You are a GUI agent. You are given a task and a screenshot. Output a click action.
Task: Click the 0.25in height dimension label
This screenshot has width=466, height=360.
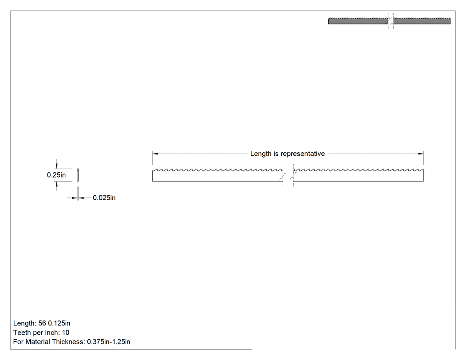point(56,175)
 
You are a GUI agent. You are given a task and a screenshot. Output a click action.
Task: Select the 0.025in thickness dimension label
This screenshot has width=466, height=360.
point(104,198)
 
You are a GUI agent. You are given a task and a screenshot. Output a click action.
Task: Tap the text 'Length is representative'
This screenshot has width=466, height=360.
point(288,154)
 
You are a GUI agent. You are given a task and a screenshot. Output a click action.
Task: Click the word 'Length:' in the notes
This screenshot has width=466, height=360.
point(25,323)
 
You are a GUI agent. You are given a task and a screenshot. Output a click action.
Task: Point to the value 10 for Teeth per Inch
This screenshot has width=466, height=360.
point(65,332)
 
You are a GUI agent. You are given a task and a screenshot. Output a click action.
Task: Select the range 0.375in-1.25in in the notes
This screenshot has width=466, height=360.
point(108,342)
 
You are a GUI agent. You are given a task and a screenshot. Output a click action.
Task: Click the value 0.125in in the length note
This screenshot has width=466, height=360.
point(59,323)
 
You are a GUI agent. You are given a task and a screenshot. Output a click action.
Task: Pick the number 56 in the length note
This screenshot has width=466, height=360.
point(42,323)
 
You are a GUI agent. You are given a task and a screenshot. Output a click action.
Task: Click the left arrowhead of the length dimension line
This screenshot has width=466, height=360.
point(155,154)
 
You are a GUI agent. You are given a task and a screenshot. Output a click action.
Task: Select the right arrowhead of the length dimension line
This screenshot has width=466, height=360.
point(421,154)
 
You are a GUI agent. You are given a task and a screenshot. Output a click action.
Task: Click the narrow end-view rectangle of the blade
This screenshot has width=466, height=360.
point(78,175)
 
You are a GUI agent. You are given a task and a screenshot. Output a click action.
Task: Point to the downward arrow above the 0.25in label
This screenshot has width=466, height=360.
point(57,165)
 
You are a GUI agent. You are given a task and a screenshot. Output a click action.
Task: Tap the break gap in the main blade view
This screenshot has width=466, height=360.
point(288,175)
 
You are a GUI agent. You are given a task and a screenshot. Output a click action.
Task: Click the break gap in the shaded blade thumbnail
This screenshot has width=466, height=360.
point(391,21)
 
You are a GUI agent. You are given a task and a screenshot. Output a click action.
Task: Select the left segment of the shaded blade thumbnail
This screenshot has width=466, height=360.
point(358,21)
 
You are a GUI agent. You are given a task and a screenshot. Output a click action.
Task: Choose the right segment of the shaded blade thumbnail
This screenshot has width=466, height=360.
point(422,21)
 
